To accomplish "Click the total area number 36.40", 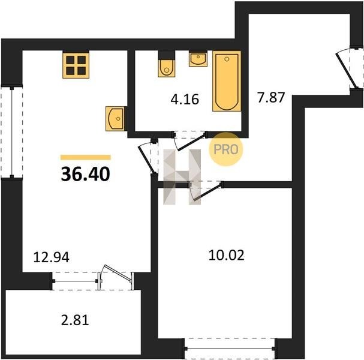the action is [85, 174].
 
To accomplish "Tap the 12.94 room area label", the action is [52, 257].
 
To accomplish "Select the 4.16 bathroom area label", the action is [185, 99].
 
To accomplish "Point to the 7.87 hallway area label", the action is [270, 97].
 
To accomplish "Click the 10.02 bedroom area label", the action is [226, 255].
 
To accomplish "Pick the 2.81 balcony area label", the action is [75, 320].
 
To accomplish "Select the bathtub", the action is [227, 81].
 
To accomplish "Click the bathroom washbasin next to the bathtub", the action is [198, 59].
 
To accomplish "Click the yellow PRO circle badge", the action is [226, 149].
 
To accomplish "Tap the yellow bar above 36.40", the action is [85, 157].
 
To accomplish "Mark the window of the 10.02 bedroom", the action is [230, 349].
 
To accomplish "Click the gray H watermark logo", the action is [182, 177].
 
